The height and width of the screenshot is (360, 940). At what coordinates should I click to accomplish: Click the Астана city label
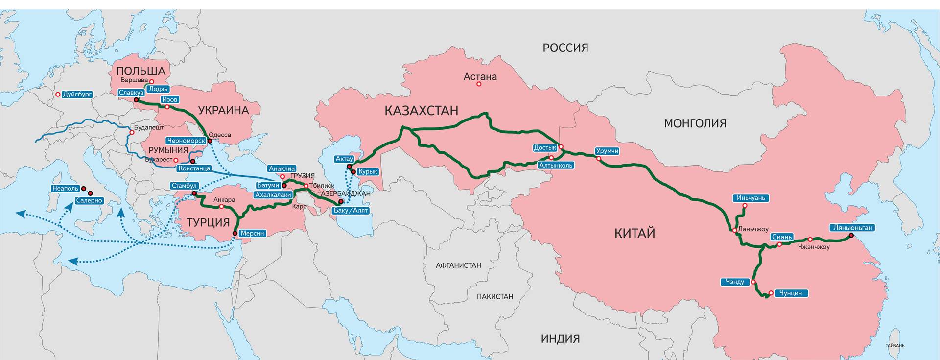pos(480,77)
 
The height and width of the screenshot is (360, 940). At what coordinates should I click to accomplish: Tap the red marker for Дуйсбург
pos(58,95)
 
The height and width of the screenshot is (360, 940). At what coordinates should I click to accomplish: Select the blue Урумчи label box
pos(607,151)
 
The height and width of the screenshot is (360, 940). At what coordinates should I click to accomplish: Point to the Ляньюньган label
pos(852,228)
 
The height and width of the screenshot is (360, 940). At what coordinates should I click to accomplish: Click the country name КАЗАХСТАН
pos(421,111)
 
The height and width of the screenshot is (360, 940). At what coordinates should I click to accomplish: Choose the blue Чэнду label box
pos(735,282)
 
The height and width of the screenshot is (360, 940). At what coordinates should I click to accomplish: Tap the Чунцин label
pos(791,293)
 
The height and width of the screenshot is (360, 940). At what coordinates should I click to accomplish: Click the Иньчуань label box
pos(751,198)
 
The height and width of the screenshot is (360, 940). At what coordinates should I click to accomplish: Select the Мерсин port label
pos(253,234)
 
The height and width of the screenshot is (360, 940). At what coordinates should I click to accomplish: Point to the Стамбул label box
pos(185,186)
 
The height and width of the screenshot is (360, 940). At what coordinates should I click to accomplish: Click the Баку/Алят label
pos(351,211)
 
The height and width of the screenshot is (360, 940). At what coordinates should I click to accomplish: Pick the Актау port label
pos(344,159)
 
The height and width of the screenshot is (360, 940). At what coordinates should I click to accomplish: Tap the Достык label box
pos(545,148)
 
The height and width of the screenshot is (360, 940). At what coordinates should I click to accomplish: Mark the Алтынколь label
pos(556,166)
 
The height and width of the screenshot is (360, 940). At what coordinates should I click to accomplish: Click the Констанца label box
pos(194,168)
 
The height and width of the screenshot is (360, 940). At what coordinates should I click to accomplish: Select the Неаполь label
pos(65,189)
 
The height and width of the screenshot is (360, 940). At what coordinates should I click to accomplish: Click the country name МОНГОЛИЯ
pos(695,123)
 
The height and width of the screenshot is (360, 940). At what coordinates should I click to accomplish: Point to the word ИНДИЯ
pos(560,339)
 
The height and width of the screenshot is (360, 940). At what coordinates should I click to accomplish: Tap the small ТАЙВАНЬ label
pos(895,346)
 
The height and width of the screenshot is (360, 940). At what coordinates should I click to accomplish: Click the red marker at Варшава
pos(152,82)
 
